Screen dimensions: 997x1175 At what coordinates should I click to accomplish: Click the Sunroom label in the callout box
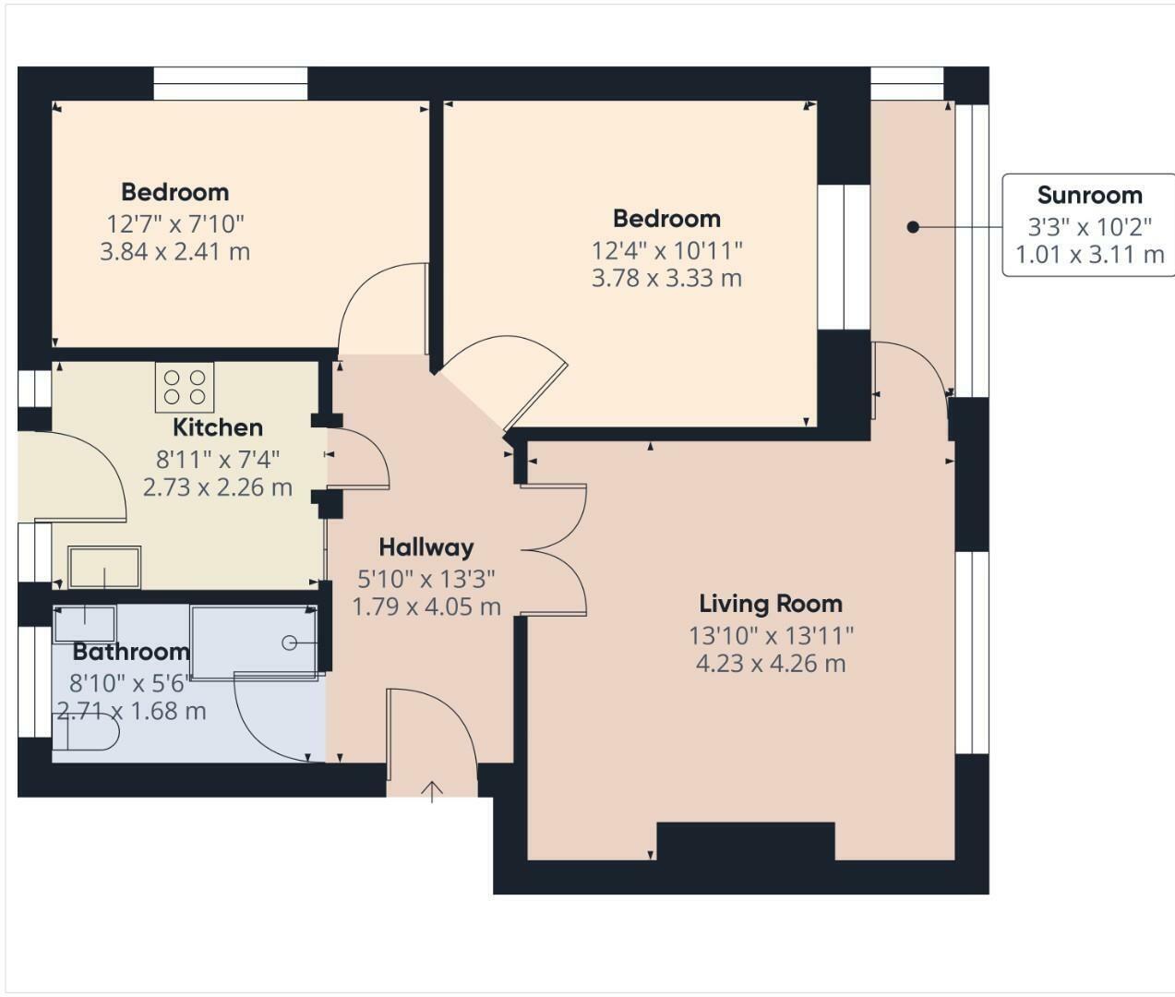tap(1089, 195)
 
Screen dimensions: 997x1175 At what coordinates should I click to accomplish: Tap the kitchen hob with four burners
tap(185, 387)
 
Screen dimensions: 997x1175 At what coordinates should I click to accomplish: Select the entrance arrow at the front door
tap(432, 790)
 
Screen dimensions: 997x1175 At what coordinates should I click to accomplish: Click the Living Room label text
tap(771, 604)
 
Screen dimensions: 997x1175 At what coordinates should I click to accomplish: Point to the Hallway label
tap(426, 547)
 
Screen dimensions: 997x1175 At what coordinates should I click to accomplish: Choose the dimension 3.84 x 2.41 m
tap(174, 251)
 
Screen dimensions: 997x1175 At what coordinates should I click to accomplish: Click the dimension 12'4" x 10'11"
tap(666, 250)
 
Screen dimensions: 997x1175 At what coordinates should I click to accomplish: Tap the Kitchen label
tap(218, 427)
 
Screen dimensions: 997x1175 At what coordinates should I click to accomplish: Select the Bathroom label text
tap(131, 652)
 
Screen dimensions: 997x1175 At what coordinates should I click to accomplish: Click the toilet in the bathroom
tap(92, 736)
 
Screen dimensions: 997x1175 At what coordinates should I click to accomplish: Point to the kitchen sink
tap(104, 567)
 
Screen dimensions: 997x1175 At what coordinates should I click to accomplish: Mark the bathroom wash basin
tap(85, 624)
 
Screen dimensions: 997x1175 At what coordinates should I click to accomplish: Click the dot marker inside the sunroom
tap(912, 227)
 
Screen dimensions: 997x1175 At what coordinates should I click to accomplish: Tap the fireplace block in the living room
tap(745, 841)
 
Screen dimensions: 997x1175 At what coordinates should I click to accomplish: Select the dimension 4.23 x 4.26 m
tap(771, 663)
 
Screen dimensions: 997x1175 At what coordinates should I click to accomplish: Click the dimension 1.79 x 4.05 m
tap(426, 607)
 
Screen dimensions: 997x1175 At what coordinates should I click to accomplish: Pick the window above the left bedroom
tap(230, 84)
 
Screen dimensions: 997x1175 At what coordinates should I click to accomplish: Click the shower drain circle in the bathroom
tap(290, 643)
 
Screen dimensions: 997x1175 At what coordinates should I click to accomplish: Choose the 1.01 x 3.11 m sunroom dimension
tap(1089, 254)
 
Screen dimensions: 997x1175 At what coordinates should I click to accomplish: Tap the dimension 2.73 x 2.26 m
tap(218, 486)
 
